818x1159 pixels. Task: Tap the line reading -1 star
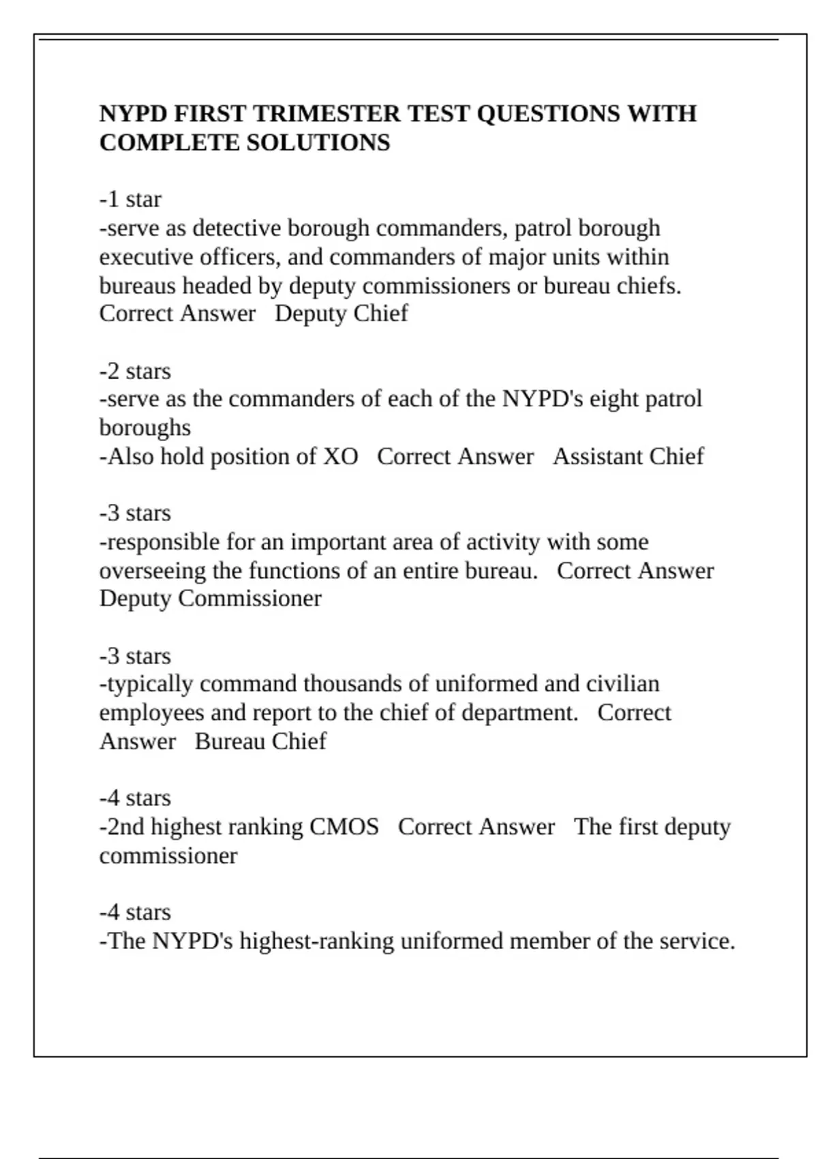(130, 199)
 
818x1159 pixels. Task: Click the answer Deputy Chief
(341, 314)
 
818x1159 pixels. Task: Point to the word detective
(236, 228)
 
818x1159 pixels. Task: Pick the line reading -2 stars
(135, 371)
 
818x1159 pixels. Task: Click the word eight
(614, 399)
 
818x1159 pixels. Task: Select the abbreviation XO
(340, 456)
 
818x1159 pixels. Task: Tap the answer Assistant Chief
(628, 456)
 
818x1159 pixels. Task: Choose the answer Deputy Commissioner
(210, 599)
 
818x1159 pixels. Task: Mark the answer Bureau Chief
(260, 741)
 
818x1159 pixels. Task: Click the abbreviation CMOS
(344, 826)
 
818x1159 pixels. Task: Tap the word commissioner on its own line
(168, 856)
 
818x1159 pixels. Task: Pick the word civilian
(622, 684)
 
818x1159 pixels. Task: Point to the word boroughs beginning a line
(145, 427)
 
